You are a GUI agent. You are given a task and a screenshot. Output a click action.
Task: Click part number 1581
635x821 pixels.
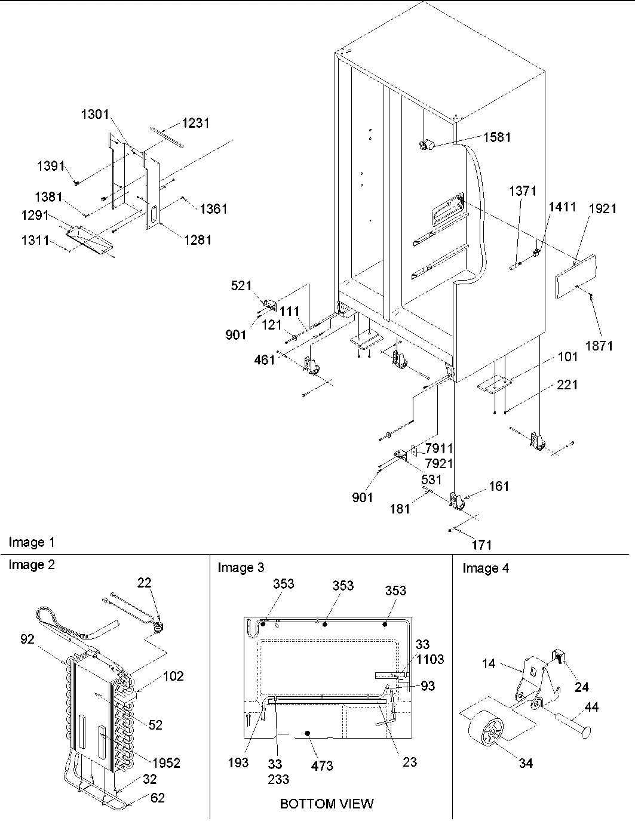coord(498,137)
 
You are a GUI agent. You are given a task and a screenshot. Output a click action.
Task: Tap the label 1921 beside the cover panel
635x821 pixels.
coord(603,208)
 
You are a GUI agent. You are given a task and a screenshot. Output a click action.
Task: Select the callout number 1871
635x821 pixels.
coord(599,346)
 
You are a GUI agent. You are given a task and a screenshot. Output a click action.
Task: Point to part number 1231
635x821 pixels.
coord(195,123)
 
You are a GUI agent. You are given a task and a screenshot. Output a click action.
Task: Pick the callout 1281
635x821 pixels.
coord(197,240)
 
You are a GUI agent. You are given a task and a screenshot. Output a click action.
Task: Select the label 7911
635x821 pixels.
coord(438,448)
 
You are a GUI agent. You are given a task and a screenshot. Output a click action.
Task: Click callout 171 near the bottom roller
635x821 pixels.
coord(481,544)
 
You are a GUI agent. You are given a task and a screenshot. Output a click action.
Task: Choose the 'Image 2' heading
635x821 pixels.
coord(31,565)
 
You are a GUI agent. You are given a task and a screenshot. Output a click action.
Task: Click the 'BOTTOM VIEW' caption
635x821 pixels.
coord(326,804)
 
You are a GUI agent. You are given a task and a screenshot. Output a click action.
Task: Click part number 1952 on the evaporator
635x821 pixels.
coord(165,762)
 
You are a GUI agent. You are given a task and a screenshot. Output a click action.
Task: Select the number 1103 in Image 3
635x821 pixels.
coord(431,659)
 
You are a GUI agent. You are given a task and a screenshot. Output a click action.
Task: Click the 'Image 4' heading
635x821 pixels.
coord(486,568)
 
